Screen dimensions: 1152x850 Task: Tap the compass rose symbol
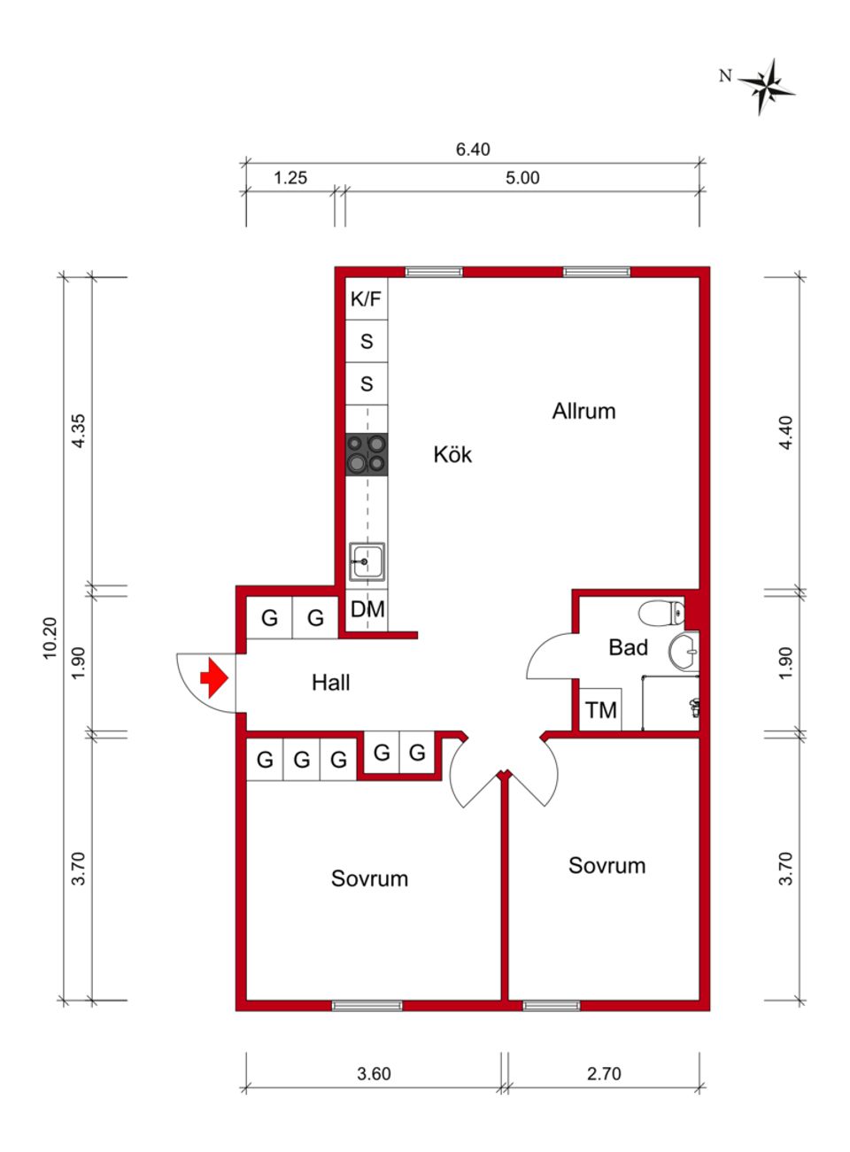coord(767,87)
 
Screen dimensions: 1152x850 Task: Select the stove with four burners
coord(367,454)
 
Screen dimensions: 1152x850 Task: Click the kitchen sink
coord(367,561)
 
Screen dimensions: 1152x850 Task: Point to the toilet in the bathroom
coord(661,610)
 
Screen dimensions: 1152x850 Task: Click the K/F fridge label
coord(366,299)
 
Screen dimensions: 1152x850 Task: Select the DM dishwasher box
coord(367,609)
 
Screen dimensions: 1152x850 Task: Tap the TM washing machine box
coord(600,710)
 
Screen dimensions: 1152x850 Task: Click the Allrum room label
coord(583,411)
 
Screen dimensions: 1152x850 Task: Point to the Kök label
coord(452,455)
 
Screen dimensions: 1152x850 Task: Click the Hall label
coord(330,683)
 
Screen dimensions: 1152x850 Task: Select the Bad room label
coord(628,648)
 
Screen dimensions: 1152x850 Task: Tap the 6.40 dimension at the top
coord(473,150)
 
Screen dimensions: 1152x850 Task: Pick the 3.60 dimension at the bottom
coord(374,1073)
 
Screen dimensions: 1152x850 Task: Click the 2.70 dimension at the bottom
coord(604,1073)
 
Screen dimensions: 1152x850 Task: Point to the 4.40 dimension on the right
coord(785,433)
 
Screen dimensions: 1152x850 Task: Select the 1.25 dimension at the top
coord(290,178)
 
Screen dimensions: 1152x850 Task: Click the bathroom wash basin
coord(684,653)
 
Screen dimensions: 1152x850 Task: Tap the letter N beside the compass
coord(725,76)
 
